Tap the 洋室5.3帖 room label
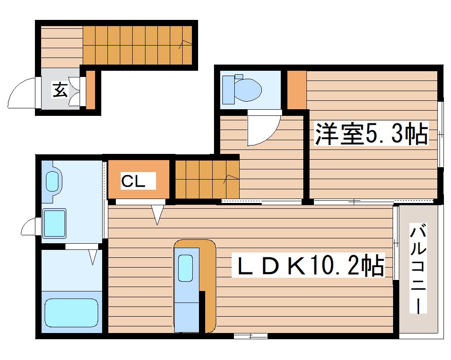(x=371, y=134)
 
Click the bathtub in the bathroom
(x=71, y=313)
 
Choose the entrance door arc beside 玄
(x=21, y=93)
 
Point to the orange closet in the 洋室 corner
(x=296, y=90)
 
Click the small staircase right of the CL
(x=207, y=179)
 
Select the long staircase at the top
(x=138, y=45)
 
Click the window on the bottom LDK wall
(x=250, y=337)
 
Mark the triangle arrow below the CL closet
(x=157, y=214)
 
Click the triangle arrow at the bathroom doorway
(x=93, y=257)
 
